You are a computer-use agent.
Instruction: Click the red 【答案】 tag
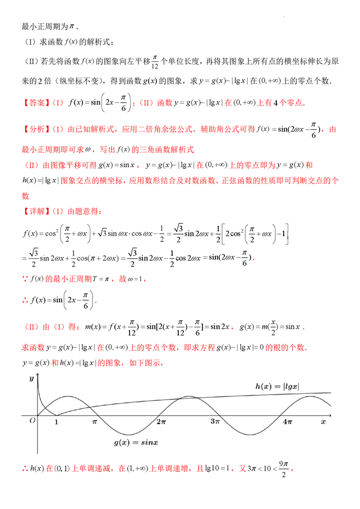click(35, 103)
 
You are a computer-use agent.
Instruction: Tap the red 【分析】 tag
click(35, 130)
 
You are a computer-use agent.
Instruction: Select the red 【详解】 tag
click(35, 212)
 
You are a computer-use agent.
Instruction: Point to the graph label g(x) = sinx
click(136, 443)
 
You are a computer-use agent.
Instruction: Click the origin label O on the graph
click(33, 420)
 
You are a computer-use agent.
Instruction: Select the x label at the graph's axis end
click(323, 420)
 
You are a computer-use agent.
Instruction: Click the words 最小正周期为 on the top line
click(41, 26)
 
